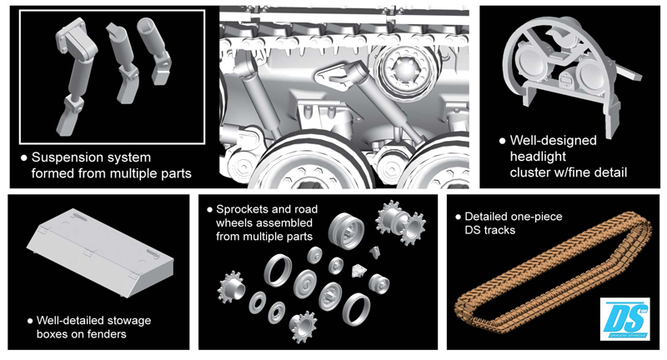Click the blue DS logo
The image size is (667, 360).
coord(624,318)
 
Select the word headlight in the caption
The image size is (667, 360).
coord(538,157)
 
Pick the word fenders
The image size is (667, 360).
coord(107,334)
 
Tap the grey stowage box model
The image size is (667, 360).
coord(99,252)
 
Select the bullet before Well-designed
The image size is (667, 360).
coord(502,141)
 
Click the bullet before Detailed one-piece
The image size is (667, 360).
coord(458,217)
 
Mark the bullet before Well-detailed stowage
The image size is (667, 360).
coord(30,321)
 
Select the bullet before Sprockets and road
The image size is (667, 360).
coord(209,209)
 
